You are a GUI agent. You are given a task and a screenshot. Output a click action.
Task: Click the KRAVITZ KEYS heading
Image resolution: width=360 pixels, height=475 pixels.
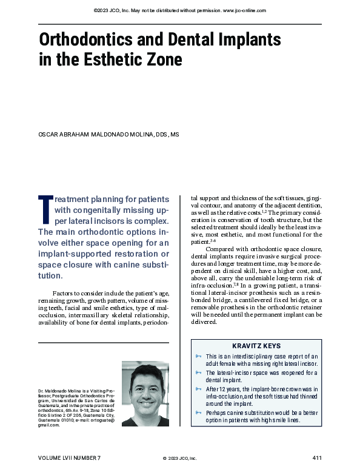tap(256, 346)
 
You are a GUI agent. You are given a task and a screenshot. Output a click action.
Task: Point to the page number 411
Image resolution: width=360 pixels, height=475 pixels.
tap(316, 457)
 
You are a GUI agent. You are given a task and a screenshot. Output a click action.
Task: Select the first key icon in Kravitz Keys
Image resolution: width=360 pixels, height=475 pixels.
tap(198, 356)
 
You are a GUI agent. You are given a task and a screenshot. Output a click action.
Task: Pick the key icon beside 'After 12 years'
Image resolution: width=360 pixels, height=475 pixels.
tap(198, 388)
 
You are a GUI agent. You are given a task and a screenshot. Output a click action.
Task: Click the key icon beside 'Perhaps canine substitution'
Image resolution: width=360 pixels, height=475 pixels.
tap(198, 413)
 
